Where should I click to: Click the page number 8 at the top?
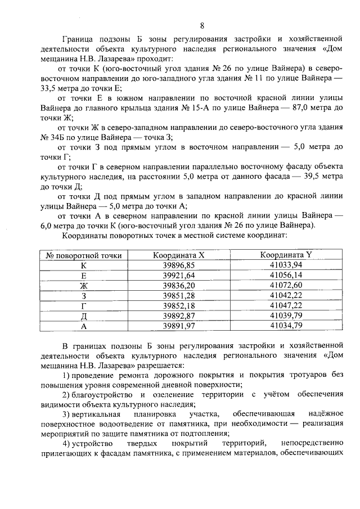[x=201, y=25]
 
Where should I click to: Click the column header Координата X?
[x=178, y=255]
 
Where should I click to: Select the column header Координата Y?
[x=286, y=255]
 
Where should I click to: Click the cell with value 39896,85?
[x=178, y=265]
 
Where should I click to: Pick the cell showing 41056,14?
[x=286, y=275]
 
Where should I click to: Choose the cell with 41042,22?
[x=286, y=295]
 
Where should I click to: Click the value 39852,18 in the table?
[x=178, y=305]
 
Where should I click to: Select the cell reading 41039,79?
[x=286, y=316]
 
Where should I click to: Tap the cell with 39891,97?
[x=178, y=326]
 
